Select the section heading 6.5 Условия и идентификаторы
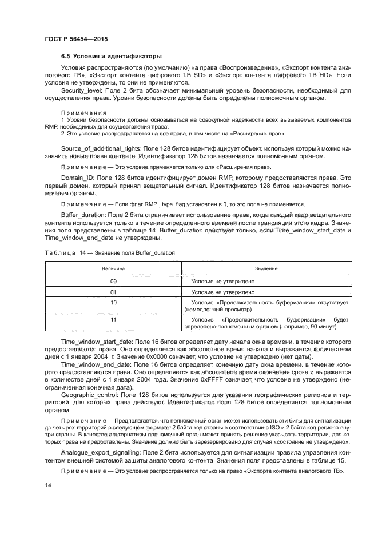pyautogui.click(x=111, y=56)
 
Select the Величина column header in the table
pyautogui.click(x=113, y=268)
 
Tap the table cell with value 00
pyautogui.click(x=113, y=281)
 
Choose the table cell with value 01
pyautogui.click(x=113, y=291)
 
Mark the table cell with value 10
pyautogui.click(x=113, y=302)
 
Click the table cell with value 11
pyautogui.click(x=113, y=320)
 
